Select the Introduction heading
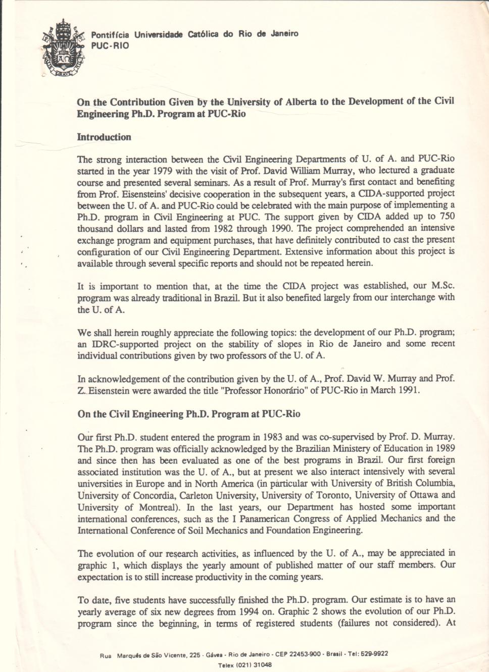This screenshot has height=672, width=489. [x=104, y=137]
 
